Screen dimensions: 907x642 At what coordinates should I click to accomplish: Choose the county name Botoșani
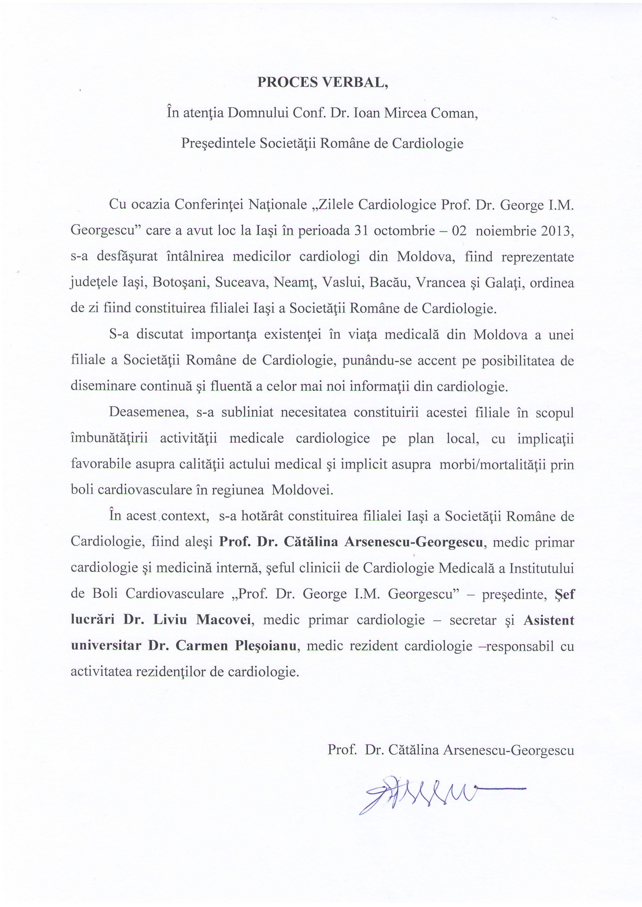180,283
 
